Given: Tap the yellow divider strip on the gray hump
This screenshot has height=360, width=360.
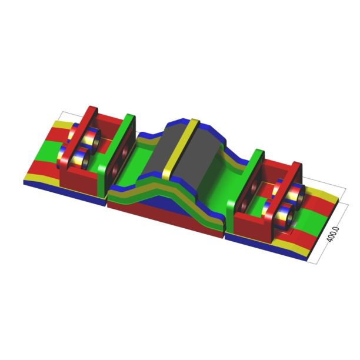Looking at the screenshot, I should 182,153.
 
